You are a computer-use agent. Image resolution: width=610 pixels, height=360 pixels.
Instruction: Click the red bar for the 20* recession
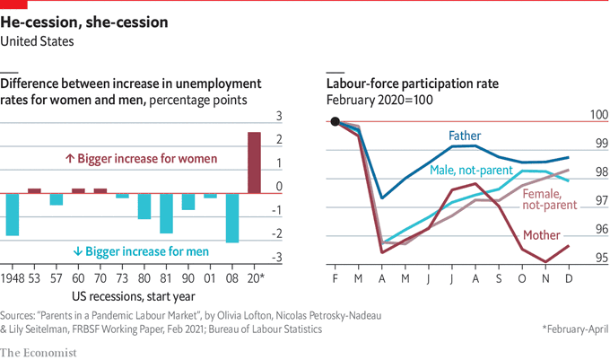[x=254, y=162]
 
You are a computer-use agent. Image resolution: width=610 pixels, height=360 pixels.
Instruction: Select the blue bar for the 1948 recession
[x=13, y=215]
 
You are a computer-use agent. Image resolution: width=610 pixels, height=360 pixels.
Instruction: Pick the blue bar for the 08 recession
[x=231, y=218]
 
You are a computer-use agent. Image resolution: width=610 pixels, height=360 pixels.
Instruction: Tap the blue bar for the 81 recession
[x=166, y=214]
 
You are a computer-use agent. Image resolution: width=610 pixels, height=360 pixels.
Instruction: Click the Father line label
[x=465, y=136]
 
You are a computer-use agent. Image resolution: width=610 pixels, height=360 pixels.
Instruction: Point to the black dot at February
[x=335, y=122]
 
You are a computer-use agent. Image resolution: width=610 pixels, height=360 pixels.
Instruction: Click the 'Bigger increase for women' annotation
[x=142, y=159]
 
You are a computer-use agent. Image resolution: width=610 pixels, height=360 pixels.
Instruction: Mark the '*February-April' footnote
[x=574, y=329]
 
